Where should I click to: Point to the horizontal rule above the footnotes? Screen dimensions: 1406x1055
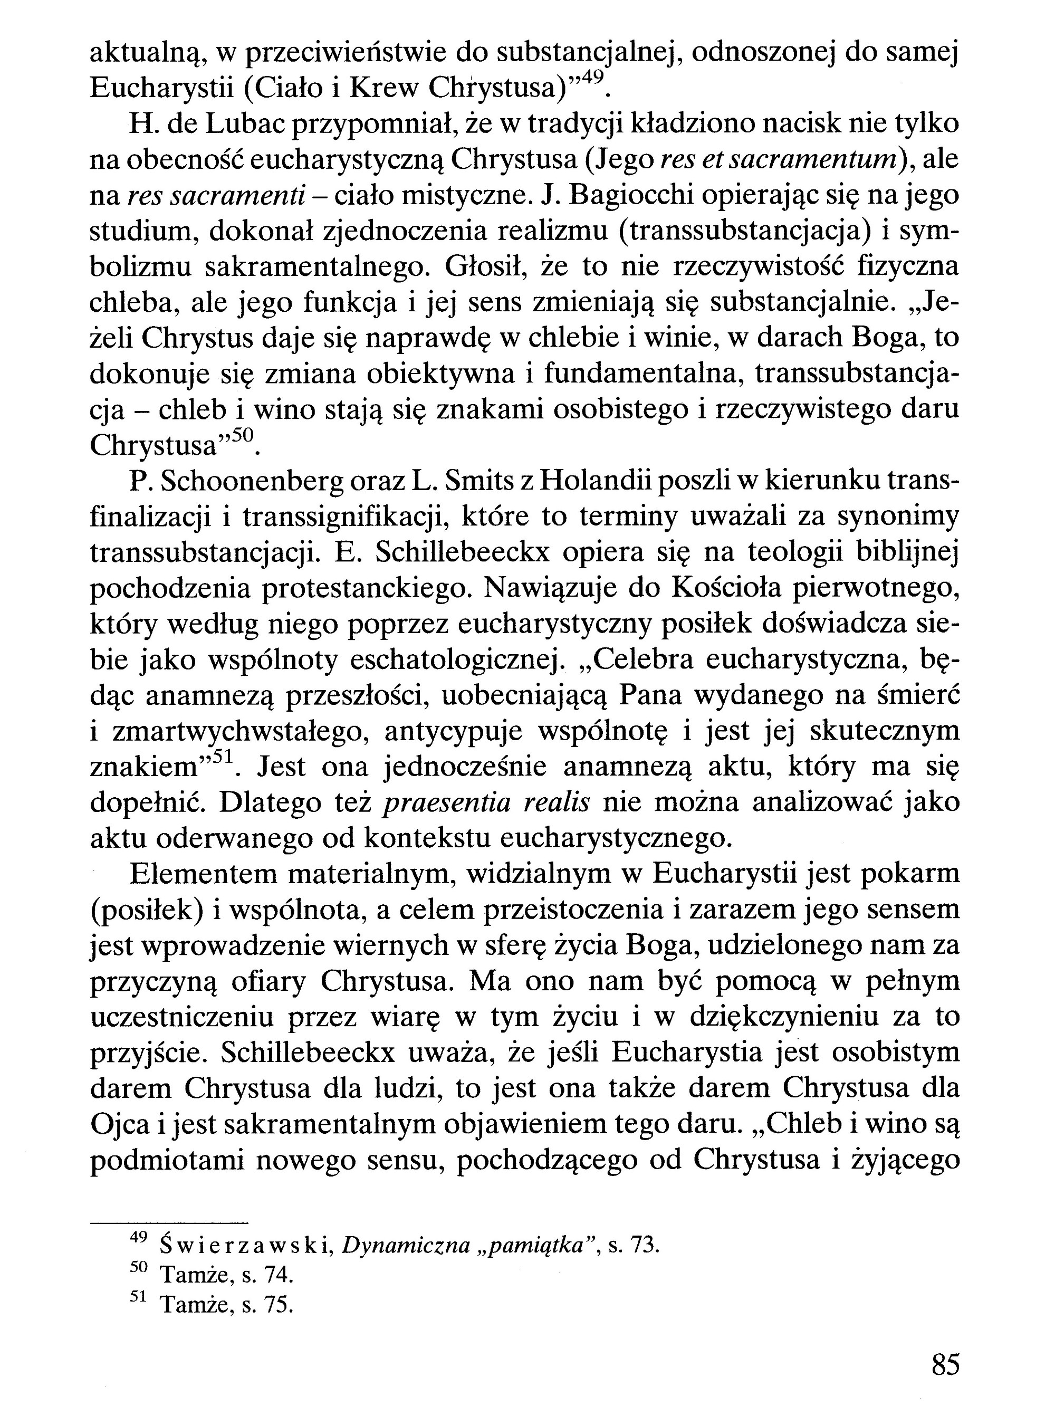168,1223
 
